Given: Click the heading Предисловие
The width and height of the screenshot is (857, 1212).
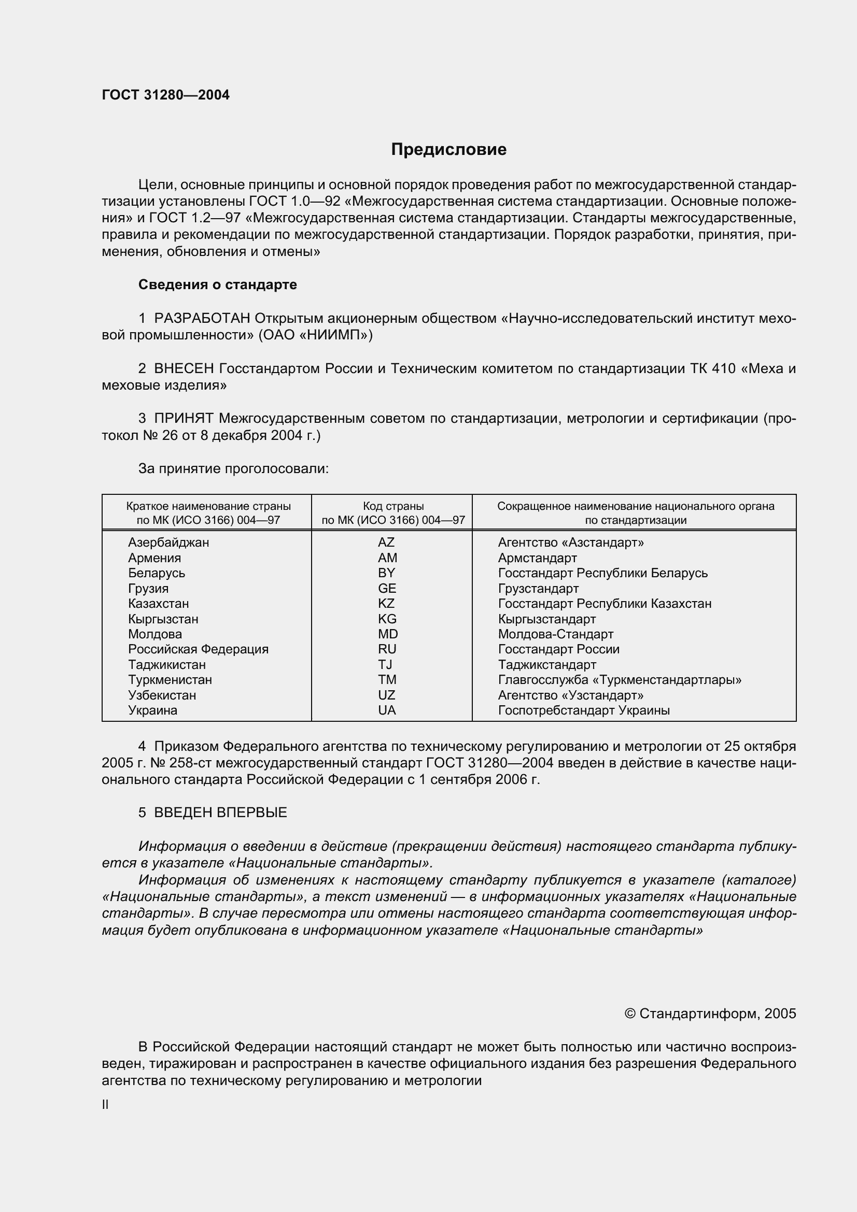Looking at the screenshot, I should point(448,149).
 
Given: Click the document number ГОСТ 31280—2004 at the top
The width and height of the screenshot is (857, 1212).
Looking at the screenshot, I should point(165,95).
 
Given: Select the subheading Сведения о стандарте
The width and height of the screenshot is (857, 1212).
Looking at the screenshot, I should point(218,284).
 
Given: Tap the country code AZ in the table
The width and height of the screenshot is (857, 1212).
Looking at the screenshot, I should point(386,542).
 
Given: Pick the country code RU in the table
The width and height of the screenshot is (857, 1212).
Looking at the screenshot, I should point(387,649).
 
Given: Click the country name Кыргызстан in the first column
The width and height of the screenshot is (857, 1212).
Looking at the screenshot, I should point(163,619).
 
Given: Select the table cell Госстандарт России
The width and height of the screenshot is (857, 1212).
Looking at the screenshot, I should point(559,649).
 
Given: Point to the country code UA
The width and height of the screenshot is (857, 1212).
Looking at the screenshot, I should point(387,710).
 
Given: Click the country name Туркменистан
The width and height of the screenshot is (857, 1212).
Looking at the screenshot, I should point(170,680).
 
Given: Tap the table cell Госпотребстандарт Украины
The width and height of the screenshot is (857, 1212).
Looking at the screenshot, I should point(584,710).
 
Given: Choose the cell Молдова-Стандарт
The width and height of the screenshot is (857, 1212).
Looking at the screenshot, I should point(555,634).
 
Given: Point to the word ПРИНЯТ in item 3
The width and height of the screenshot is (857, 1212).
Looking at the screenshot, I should point(184,419).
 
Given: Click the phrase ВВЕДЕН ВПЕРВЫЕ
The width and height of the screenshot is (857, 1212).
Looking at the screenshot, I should point(220,812).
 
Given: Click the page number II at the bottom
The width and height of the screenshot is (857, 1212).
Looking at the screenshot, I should point(105,1104).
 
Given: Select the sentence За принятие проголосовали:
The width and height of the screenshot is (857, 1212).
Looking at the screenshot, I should point(233,469).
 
